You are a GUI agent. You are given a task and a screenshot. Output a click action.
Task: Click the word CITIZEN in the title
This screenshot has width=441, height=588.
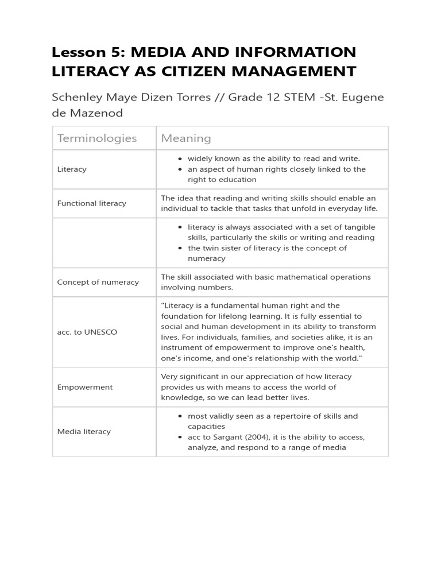pyautogui.click(x=214, y=71)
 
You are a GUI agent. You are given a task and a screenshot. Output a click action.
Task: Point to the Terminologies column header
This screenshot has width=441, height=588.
pyautogui.click(x=97, y=138)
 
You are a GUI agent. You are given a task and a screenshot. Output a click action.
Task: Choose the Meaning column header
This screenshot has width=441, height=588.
pyautogui.click(x=186, y=138)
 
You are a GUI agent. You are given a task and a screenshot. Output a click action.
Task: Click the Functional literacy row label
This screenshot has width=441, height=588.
pyautogui.click(x=92, y=203)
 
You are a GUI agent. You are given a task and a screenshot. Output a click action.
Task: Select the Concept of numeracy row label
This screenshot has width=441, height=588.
pyautogui.click(x=98, y=282)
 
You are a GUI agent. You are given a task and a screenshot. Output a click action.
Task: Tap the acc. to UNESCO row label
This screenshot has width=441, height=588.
pyautogui.click(x=87, y=332)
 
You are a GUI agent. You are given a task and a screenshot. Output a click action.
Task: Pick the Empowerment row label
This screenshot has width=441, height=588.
pyautogui.click(x=85, y=387)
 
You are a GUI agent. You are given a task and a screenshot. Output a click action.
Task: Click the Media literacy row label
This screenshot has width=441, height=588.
pyautogui.click(x=84, y=431)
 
